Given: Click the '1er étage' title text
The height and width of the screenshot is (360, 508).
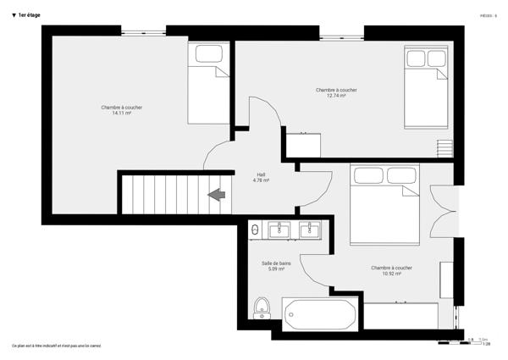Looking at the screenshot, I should pos(29,15).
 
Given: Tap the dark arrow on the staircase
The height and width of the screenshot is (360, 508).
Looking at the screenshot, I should pos(217,195).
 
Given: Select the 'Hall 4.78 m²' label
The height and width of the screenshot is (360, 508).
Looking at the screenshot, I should pos(261,177).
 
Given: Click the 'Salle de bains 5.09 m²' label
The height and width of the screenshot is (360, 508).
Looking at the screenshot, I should pos(276,265).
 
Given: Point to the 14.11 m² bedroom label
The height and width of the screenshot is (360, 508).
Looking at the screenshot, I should pos(122,110).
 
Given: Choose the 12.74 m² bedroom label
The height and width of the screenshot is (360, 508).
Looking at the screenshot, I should pos(336,92).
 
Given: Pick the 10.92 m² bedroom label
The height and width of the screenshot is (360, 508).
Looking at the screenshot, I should pos(391,270).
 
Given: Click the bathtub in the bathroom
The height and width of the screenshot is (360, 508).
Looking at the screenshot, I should pos(321,314).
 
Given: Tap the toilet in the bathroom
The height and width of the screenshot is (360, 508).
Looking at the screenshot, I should pos(261,307).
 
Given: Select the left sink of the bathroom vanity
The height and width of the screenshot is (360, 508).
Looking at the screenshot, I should pos(278,229).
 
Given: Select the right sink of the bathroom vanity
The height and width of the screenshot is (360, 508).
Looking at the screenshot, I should pos(310,229).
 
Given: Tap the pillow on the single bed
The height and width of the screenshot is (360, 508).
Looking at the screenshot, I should pos(208,53).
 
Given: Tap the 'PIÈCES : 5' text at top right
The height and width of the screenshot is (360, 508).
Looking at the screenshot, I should pos(488,15).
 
